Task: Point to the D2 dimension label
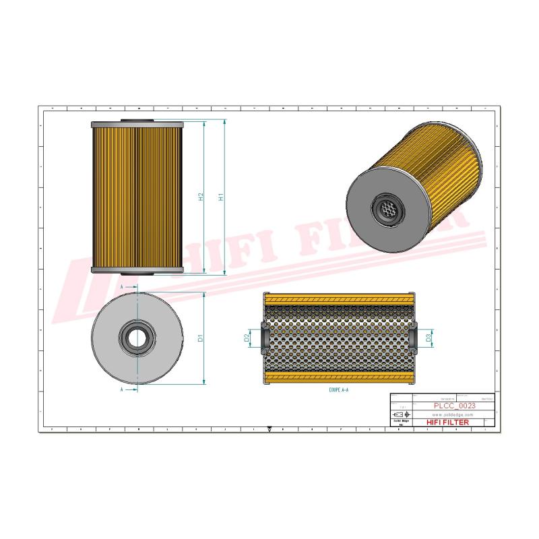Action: click(247, 337)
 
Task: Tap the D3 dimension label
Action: click(429, 337)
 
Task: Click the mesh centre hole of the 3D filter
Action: click(387, 210)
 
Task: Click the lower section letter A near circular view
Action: click(121, 389)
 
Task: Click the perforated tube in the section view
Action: click(337, 337)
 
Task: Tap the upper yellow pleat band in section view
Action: click(337, 298)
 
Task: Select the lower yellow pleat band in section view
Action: click(337, 376)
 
